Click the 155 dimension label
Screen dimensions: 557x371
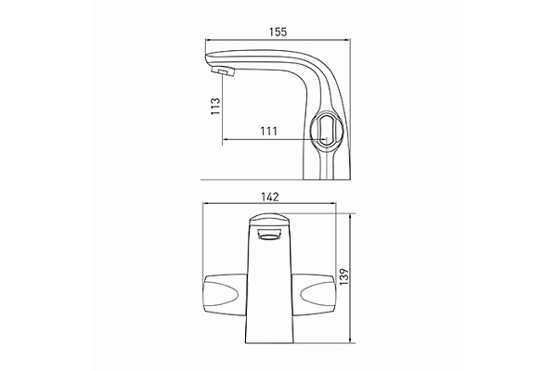coord(278,32)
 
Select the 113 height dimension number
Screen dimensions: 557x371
coord(215,106)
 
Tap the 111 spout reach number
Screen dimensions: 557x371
coord(269,132)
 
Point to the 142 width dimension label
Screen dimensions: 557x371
coord(270,197)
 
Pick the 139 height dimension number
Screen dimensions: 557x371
coord(343,277)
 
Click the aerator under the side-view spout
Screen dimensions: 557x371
coord(224,70)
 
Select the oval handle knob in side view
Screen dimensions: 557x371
coord(326,129)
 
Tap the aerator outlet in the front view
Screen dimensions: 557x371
coord(269,235)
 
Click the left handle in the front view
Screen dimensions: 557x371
coord(226,291)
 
